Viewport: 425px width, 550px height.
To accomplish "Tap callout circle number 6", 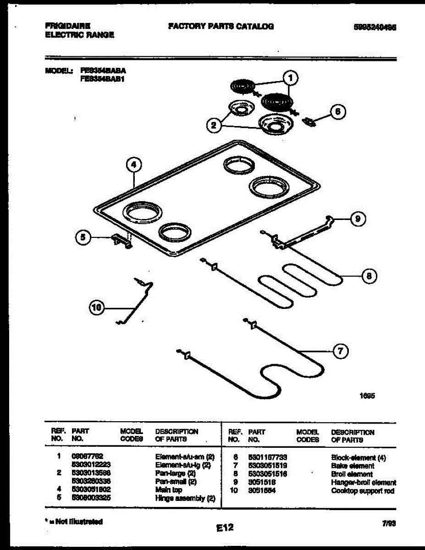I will [x=337, y=112].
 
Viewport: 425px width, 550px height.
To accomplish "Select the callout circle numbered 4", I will [x=133, y=165].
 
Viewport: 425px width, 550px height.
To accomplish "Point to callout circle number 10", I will [x=97, y=308].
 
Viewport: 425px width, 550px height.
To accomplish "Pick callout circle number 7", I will [x=340, y=352].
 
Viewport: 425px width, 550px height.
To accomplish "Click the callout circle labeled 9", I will [x=358, y=220].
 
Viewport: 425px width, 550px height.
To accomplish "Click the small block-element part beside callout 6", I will [x=309, y=121].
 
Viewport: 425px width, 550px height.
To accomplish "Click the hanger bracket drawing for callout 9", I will [x=303, y=234].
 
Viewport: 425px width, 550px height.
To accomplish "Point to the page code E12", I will [x=225, y=528].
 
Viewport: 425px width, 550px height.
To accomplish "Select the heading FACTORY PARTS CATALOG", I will [x=221, y=27].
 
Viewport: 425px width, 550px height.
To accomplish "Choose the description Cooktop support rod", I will [x=362, y=491].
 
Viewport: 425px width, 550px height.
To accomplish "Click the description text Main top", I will [x=169, y=490].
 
